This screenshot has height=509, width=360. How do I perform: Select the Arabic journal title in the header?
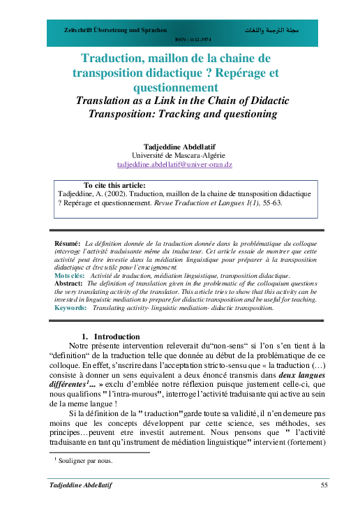point(273,32)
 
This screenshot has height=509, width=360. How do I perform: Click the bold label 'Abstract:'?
point(68,285)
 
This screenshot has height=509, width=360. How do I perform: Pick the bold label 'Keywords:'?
point(70,307)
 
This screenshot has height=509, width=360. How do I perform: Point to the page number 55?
point(324,485)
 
